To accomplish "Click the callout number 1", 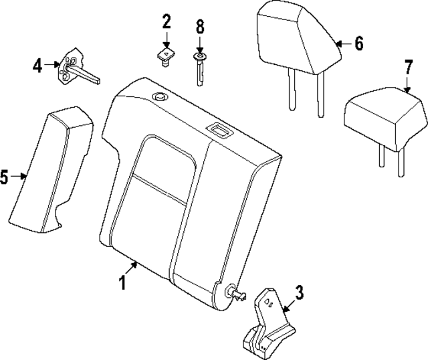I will tap(123, 283).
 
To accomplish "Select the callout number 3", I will tap(299, 292).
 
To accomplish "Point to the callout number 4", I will tap(38, 65).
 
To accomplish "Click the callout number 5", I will tap(5, 177).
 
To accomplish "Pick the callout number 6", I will tap(358, 44).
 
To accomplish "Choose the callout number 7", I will tap(408, 68).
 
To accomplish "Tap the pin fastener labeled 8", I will tap(199, 67).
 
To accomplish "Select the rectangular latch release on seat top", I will tap(218, 129).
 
